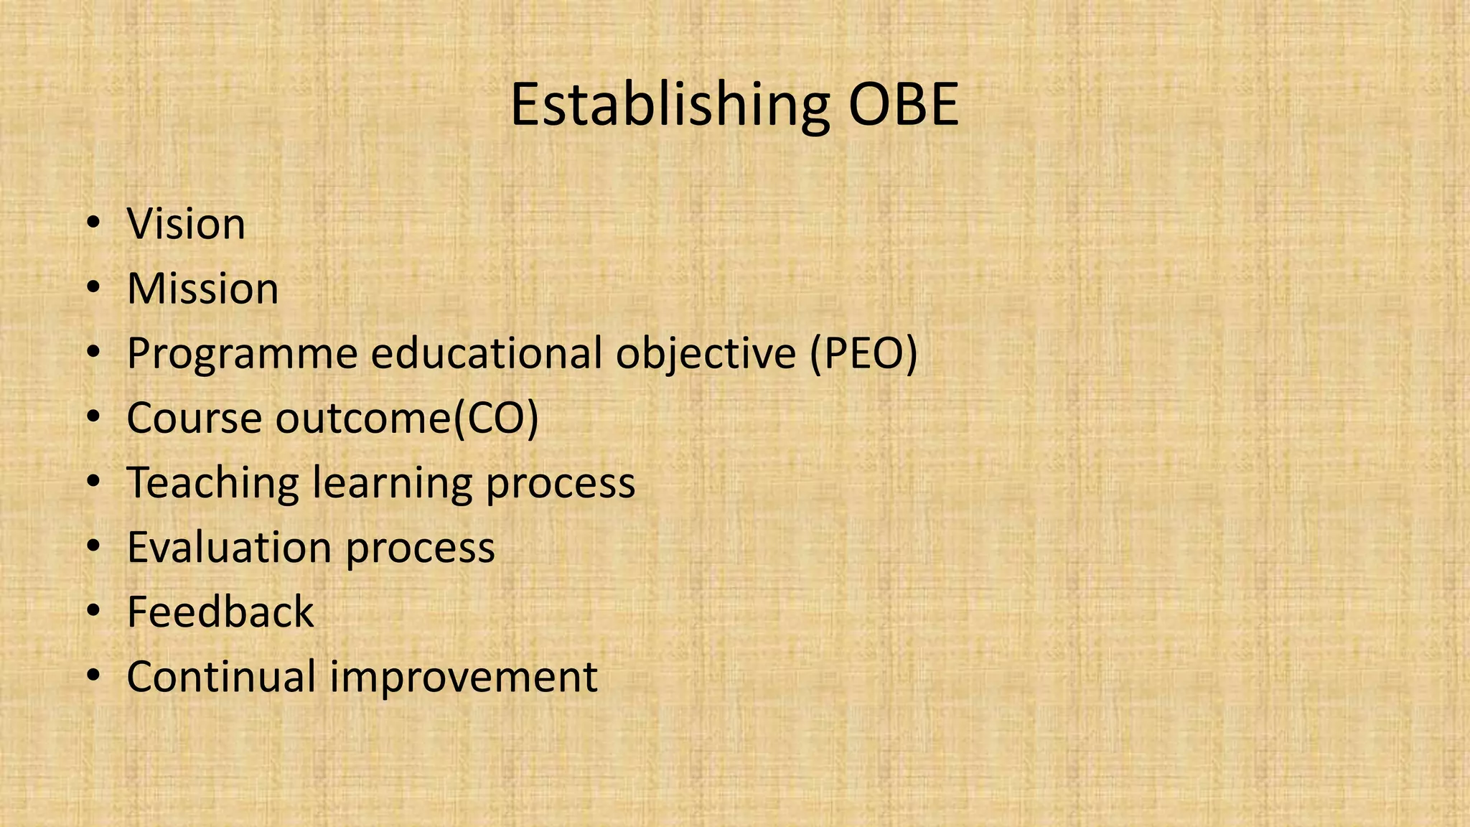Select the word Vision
point(186,224)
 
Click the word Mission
point(202,289)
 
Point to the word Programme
point(242,354)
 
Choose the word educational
point(487,353)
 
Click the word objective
point(706,354)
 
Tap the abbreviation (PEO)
point(863,354)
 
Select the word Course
point(194,418)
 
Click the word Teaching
point(212,483)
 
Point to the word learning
point(393,483)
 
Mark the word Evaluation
point(229,548)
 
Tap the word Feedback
point(220,612)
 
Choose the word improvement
point(464,678)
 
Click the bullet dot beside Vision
point(93,225)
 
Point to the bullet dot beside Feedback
point(93,612)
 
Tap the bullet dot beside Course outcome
point(93,419)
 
